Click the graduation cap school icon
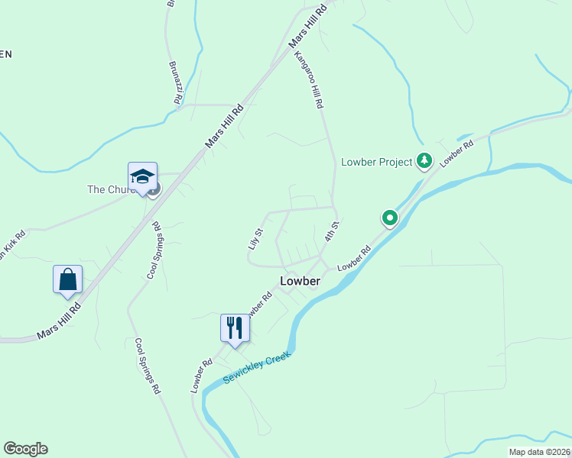point(142,177)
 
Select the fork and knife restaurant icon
point(235,328)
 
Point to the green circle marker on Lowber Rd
point(390,219)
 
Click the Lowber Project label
point(376,162)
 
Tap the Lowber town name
point(300,281)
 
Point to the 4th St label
point(330,232)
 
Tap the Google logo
point(25,449)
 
